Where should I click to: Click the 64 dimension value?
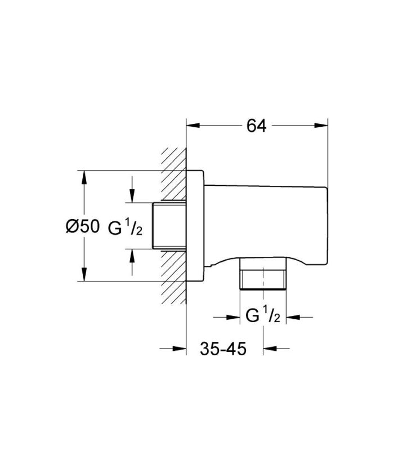coord(256,126)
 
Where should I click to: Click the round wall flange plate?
coord(194,225)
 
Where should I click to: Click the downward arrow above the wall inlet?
coord(132,197)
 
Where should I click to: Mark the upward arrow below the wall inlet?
coord(132,255)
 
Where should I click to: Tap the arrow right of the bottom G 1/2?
coord(293,317)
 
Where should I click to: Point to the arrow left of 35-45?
coord(180,349)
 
